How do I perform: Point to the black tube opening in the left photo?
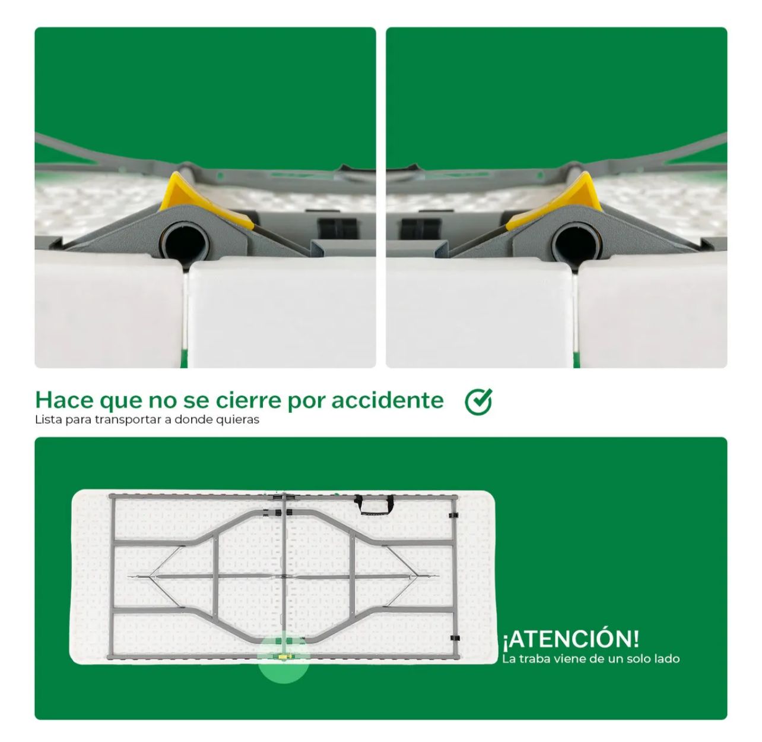(185, 242)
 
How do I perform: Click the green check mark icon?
(478, 401)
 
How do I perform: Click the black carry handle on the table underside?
(373, 504)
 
